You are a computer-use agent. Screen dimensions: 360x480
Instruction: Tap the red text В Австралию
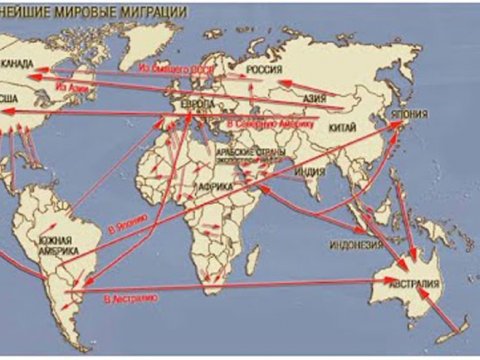point(134,297)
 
